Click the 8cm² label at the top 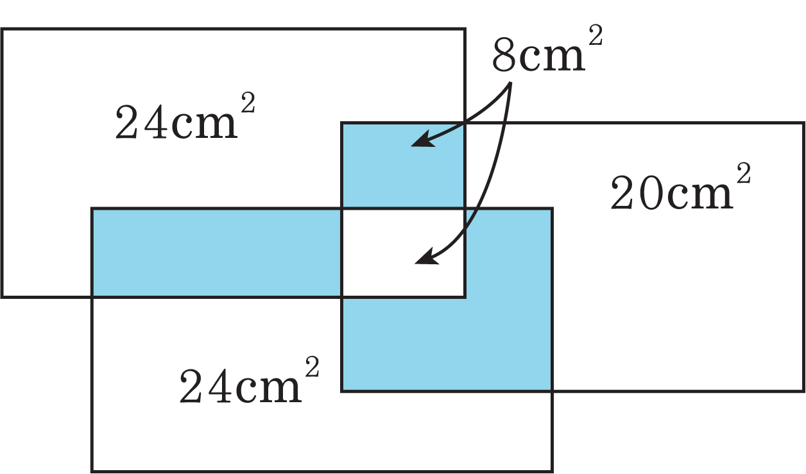point(547,49)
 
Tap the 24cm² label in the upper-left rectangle point(185,116)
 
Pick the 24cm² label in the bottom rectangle point(250,380)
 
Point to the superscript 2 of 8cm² point(596,35)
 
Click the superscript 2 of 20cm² point(743,173)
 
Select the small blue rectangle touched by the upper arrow point(402,165)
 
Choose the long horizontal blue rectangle point(217,253)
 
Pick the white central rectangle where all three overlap point(402,253)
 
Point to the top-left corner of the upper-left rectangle point(2,29)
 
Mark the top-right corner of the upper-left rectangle point(465,29)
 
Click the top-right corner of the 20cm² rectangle point(803,123)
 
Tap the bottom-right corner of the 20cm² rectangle point(803,391)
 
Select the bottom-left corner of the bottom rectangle point(92,471)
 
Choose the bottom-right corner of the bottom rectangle point(552,471)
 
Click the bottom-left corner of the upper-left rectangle point(2,297)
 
